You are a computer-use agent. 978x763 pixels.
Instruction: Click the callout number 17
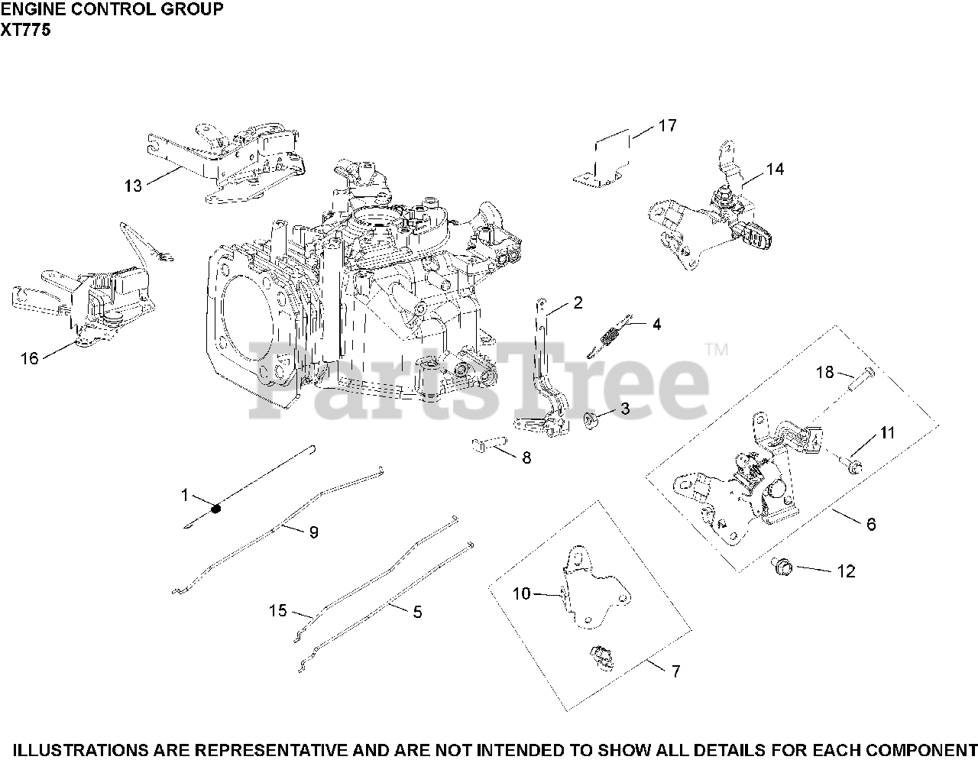click(667, 125)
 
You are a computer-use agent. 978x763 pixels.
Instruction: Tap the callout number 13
click(134, 186)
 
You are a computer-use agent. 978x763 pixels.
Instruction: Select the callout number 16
click(29, 358)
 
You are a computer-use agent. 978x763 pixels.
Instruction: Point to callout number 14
click(775, 170)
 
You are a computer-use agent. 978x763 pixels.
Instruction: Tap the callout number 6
click(870, 524)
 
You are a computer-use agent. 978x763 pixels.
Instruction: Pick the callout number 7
click(675, 671)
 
